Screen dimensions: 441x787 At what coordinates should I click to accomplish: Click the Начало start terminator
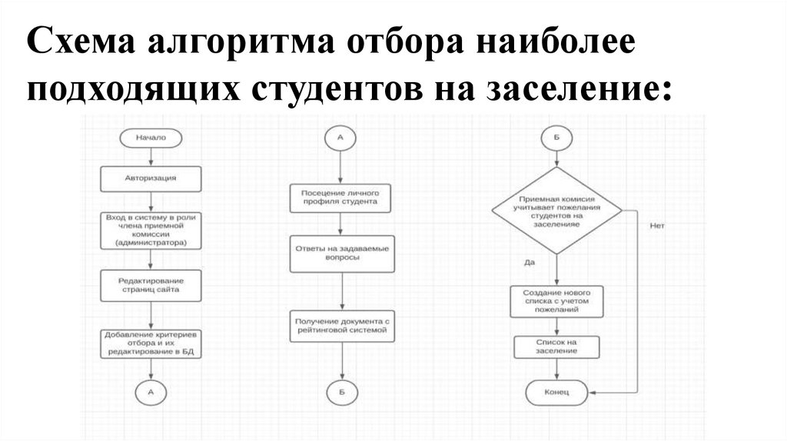point(151,138)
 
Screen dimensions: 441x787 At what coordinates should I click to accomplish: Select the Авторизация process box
point(151,178)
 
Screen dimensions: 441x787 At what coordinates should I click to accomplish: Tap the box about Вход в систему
point(151,230)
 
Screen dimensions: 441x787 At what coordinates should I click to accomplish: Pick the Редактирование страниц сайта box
point(151,287)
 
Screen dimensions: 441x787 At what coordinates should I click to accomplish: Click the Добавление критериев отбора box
point(151,345)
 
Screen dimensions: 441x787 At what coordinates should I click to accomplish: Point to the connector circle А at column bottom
point(151,392)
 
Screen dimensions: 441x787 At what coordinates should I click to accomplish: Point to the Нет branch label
point(656,226)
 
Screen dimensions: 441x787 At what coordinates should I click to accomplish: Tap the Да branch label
point(530,263)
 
